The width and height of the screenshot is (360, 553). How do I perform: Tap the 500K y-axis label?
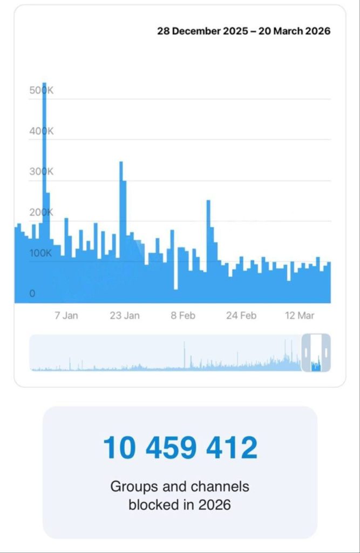coord(42,91)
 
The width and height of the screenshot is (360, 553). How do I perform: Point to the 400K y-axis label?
coord(42,131)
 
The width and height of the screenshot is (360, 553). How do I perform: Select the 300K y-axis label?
coord(42,172)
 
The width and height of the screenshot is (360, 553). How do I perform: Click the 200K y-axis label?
coord(42,212)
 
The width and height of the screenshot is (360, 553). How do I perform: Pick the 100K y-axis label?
coord(40,253)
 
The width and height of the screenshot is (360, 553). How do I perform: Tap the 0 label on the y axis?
coord(32,293)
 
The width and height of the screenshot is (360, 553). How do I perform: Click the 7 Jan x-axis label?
coord(66,315)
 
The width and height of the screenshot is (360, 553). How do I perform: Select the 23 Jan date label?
coord(125,315)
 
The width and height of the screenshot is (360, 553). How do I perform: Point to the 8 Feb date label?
coord(183,315)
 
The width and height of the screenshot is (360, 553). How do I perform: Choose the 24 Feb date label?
coord(241,315)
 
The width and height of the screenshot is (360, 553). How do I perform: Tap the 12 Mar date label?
coord(299,315)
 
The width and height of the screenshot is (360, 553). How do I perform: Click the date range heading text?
coord(244,31)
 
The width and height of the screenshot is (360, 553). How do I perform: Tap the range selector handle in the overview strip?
coord(316,353)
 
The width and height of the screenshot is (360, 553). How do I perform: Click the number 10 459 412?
coord(180,448)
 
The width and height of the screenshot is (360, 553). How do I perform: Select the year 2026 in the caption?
coord(216,505)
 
